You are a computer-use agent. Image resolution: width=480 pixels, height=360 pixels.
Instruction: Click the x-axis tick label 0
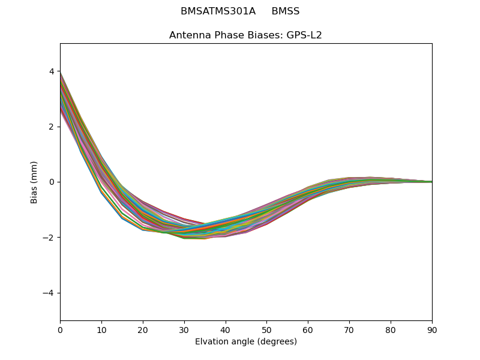tap(60, 329)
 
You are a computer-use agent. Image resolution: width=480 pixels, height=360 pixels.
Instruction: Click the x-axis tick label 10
tap(101, 329)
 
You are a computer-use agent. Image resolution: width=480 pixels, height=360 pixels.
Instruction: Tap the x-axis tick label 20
tap(143, 329)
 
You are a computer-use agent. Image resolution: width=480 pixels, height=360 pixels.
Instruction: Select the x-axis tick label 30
tap(184, 329)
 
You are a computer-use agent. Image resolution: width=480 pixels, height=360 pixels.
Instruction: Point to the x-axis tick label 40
tap(226, 329)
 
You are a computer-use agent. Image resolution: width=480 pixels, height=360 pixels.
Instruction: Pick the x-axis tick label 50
tap(266, 329)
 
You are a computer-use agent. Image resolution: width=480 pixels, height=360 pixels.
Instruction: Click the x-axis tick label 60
tap(308, 329)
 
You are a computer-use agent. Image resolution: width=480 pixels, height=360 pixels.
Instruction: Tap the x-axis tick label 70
tap(349, 329)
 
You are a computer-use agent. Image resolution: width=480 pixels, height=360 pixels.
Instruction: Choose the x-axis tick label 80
tap(391, 329)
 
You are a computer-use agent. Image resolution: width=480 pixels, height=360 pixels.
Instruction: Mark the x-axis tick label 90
tap(432, 329)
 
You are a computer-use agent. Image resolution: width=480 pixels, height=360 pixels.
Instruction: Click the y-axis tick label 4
tap(52, 71)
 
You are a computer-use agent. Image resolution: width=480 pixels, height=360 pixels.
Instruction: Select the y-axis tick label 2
tap(52, 127)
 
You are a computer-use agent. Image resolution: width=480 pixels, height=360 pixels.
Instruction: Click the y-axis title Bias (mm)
tap(34, 182)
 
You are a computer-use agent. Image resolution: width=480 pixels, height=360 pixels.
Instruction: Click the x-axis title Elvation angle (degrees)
tap(246, 342)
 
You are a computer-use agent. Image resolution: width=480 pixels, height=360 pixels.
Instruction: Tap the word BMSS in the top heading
tap(286, 11)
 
